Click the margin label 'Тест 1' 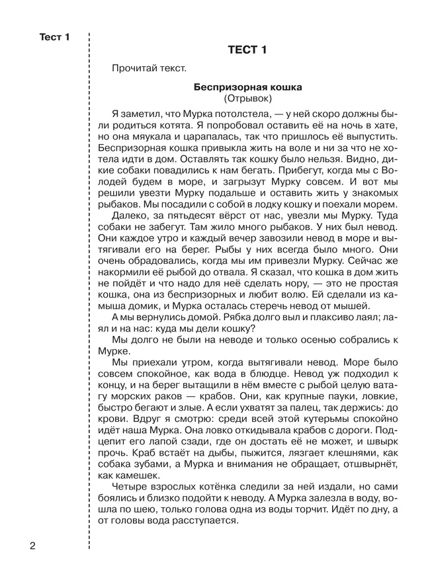point(55,38)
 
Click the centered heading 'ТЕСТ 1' point(247,52)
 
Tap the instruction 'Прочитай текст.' point(150,69)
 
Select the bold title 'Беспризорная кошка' point(247,87)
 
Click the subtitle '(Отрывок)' point(247,99)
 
